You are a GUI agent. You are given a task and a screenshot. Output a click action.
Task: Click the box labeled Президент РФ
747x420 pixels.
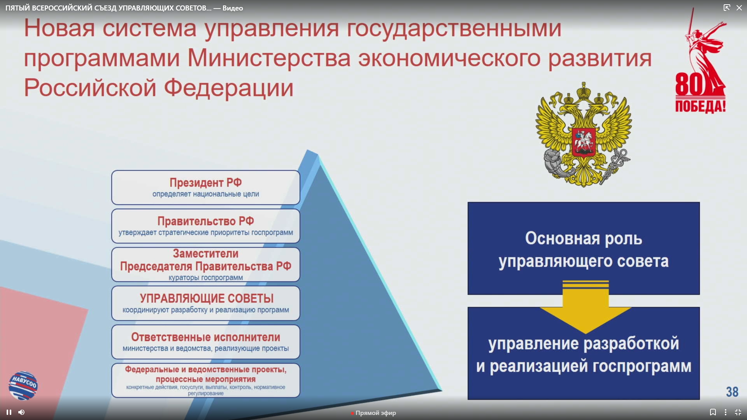coord(205,187)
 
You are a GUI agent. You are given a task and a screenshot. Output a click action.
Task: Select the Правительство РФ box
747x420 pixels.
coord(205,226)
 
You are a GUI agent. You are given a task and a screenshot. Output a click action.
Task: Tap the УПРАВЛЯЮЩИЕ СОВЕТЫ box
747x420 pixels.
coord(205,303)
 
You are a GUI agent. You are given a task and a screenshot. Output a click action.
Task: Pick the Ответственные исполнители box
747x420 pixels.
coord(205,342)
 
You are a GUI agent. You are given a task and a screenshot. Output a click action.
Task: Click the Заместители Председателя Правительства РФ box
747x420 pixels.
coord(205,264)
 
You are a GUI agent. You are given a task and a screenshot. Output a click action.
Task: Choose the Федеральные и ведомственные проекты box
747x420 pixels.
coord(205,380)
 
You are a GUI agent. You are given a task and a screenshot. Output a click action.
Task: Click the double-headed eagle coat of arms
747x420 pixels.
coord(584,135)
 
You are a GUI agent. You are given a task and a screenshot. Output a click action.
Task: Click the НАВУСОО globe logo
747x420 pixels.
coord(23,385)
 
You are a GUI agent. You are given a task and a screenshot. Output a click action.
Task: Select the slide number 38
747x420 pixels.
coord(732,392)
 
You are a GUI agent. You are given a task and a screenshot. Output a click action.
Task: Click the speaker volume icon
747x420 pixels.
coord(21,412)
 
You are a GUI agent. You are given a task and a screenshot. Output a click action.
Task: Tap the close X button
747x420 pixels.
coord(739,8)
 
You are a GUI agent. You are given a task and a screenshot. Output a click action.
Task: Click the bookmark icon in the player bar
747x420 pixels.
coord(713,412)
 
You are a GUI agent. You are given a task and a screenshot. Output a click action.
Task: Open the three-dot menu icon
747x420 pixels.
coord(726,412)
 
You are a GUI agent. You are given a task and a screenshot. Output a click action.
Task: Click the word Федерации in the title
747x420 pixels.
coord(228,88)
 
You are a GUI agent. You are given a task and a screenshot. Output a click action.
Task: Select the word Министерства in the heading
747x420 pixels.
coord(269,58)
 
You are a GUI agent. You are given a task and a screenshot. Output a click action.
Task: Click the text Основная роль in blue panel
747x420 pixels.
coord(584,238)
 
